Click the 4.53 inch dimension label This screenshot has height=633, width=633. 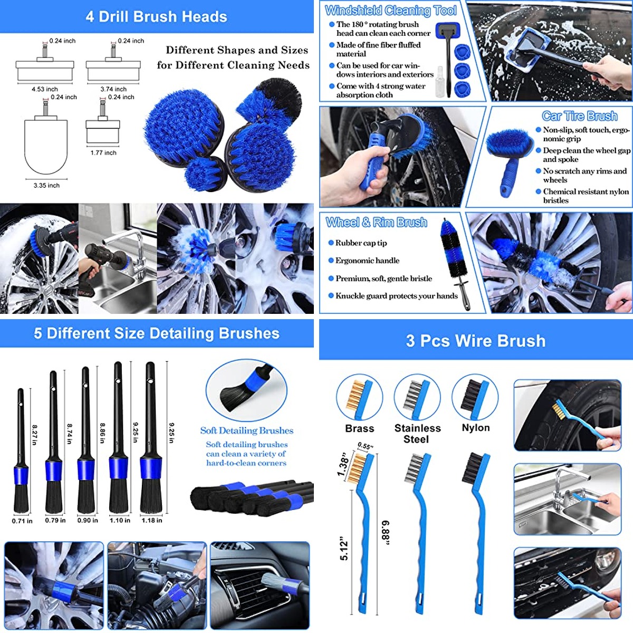(x=45, y=89)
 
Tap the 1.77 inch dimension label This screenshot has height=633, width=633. (x=103, y=153)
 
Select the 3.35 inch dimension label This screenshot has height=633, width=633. (x=46, y=185)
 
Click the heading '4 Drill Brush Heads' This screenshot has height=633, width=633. (x=156, y=17)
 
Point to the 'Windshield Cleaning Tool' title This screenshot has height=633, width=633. (x=390, y=11)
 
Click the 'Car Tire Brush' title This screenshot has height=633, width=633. (x=580, y=116)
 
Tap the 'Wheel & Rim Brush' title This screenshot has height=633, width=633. (x=377, y=223)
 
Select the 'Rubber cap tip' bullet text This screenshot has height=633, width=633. (x=361, y=243)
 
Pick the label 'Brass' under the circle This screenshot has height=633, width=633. (x=359, y=428)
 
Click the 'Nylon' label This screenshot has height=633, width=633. (x=476, y=428)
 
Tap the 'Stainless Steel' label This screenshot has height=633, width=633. (x=417, y=434)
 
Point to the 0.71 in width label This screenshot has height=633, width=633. (x=22, y=521)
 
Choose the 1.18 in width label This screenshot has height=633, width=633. (x=152, y=520)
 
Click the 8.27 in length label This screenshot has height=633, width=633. (x=34, y=435)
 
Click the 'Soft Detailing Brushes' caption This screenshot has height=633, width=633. (x=247, y=430)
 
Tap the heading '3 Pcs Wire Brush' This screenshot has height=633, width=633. (x=476, y=340)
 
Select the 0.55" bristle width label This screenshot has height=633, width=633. (x=366, y=446)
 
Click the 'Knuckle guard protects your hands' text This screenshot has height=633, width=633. (x=397, y=296)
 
